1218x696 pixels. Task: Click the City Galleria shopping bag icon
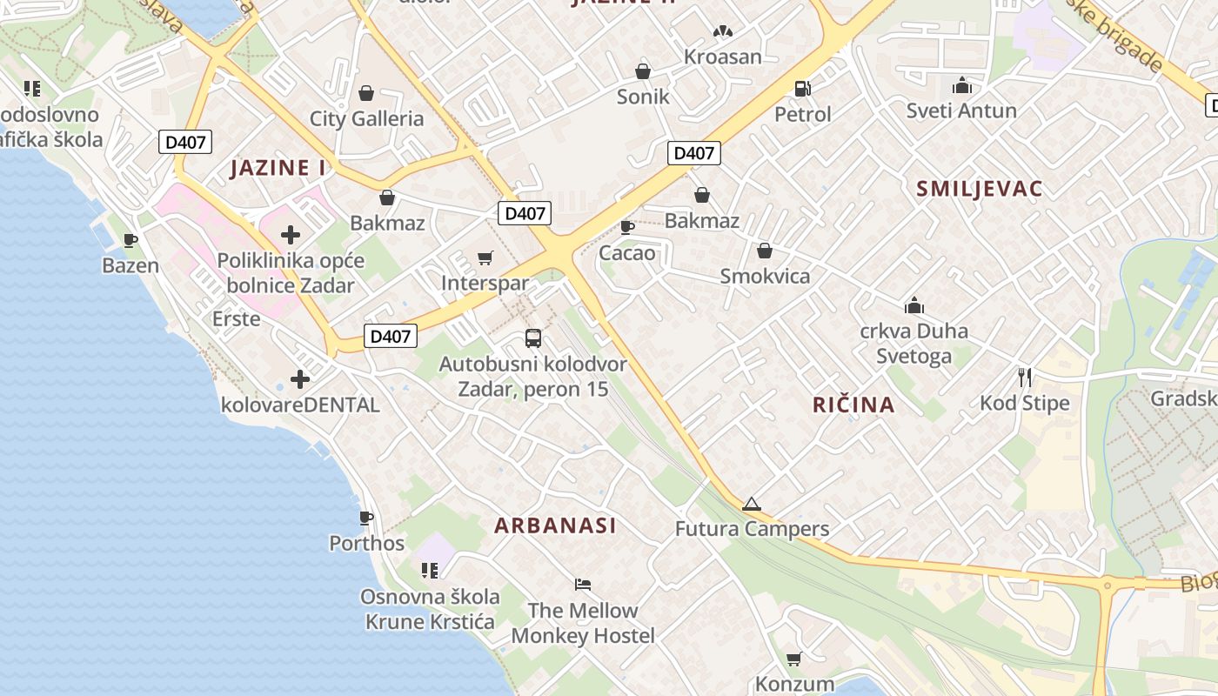point(366,93)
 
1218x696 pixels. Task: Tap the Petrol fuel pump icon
point(802,88)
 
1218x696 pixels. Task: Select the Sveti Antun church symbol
point(961,85)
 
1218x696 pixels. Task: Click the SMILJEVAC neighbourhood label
point(979,189)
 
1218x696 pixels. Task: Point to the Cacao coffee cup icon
point(626,227)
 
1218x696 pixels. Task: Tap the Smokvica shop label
point(765,276)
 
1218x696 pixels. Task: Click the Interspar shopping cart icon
point(485,258)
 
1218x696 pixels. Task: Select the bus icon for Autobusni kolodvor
point(532,338)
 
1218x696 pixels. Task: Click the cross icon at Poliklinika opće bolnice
point(291,235)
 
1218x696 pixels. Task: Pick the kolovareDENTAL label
point(300,405)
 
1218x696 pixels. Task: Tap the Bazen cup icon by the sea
point(130,240)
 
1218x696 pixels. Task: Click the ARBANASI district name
point(555,525)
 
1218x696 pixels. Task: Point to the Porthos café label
point(366,543)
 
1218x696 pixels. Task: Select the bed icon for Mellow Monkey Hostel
point(583,585)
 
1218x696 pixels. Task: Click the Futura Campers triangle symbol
point(752,504)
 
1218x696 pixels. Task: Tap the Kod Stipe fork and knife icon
point(1025,378)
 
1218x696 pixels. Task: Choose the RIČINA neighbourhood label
point(853,405)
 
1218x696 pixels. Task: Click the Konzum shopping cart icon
point(793,659)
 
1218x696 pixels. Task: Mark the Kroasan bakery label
point(722,57)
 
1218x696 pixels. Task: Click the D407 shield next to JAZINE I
point(185,142)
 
